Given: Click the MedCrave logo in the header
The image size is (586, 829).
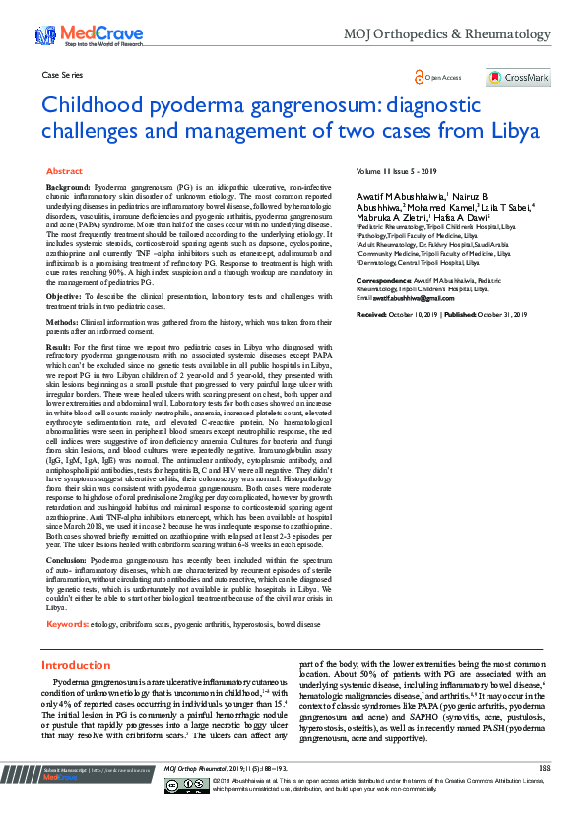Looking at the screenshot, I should coord(75,34).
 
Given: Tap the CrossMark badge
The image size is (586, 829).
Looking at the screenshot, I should coord(518,78).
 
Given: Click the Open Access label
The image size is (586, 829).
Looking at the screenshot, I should coord(438,77).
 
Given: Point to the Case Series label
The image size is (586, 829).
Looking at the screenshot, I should coord(61,75).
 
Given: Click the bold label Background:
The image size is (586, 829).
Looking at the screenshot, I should coord(68,186).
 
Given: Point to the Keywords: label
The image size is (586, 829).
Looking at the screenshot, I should coord(67,624).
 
